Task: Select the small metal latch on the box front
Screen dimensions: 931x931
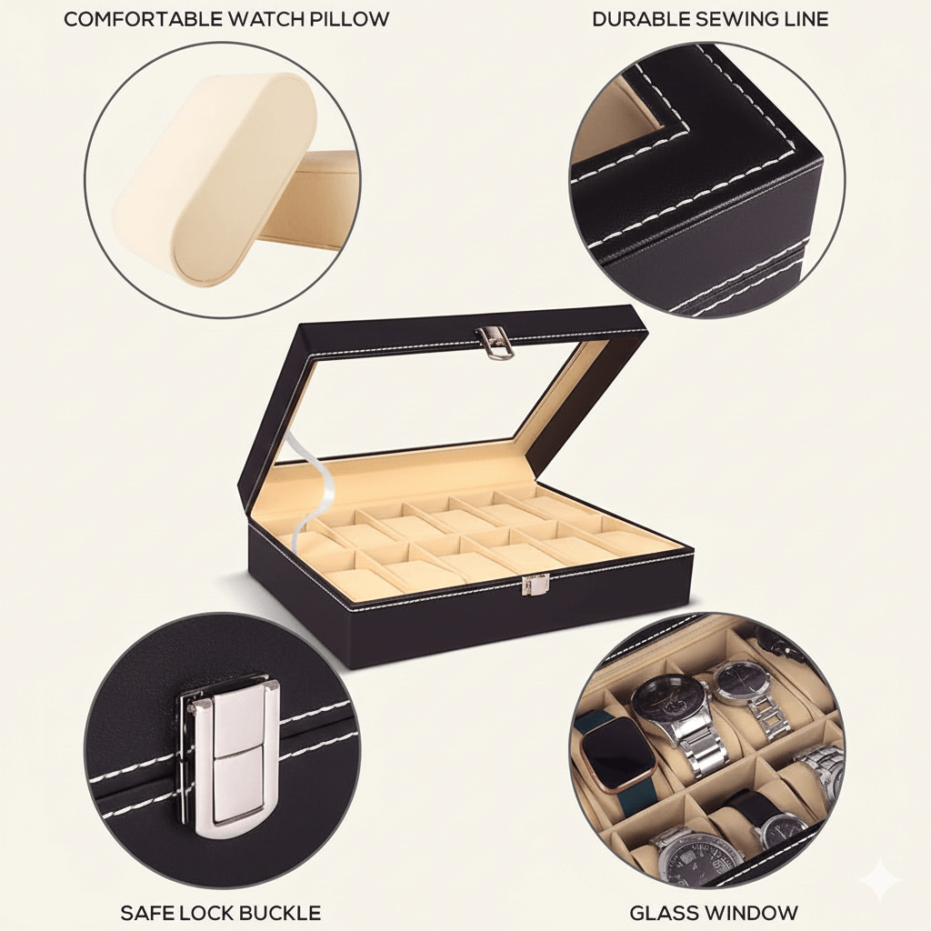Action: pyautogui.click(x=534, y=586)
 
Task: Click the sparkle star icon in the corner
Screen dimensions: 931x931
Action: pyautogui.click(x=880, y=880)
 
